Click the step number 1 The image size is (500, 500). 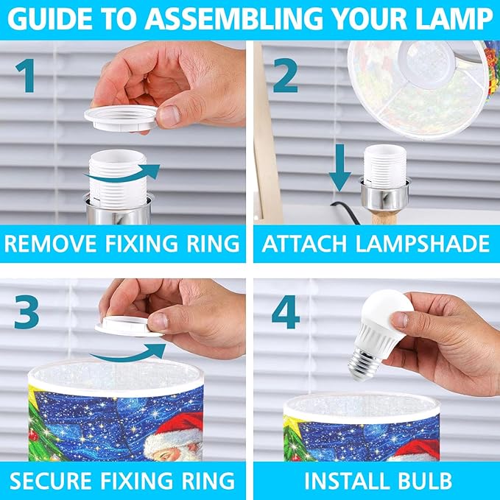(x=26, y=76)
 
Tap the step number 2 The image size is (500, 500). (x=286, y=76)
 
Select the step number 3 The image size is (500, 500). (x=27, y=311)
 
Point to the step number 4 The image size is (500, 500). (x=286, y=311)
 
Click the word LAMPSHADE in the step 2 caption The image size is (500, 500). (x=422, y=244)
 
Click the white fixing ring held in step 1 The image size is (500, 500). (x=121, y=118)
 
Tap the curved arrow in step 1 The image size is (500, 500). (x=122, y=174)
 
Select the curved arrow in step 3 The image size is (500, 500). (x=127, y=353)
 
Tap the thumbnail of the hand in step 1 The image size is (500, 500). (x=169, y=116)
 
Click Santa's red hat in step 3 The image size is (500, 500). (x=178, y=427)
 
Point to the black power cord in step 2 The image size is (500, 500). (x=345, y=211)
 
